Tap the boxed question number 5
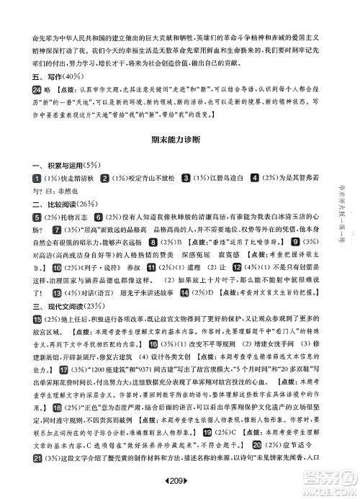tap(17, 217)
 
